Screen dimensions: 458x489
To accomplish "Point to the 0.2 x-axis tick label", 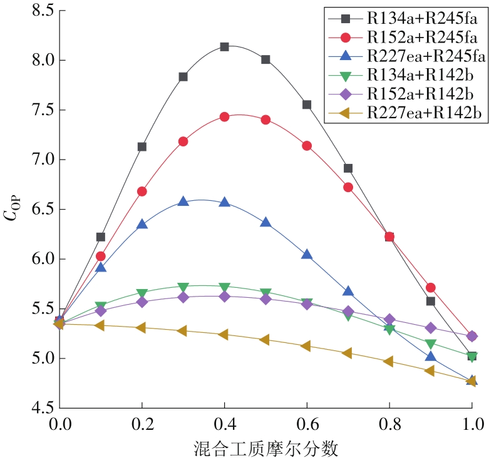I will click(142, 424).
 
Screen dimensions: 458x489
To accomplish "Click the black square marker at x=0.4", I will click(224, 47).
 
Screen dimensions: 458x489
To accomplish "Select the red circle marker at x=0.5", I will click(265, 120).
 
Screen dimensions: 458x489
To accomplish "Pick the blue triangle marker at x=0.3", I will click(183, 201).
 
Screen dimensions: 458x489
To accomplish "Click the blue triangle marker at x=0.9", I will click(430, 356).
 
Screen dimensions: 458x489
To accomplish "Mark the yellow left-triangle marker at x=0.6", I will click(306, 346).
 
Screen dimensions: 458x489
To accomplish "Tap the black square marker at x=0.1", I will click(101, 237).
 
